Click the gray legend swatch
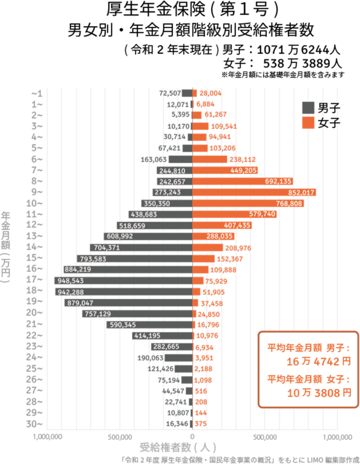pos(308,107)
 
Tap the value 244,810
pos(175,171)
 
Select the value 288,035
pos(221,237)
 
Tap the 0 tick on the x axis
pos(193,437)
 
